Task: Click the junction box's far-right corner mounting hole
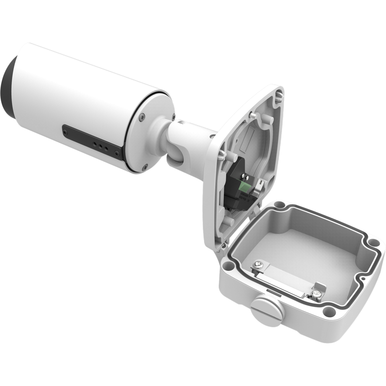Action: click(372, 241)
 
